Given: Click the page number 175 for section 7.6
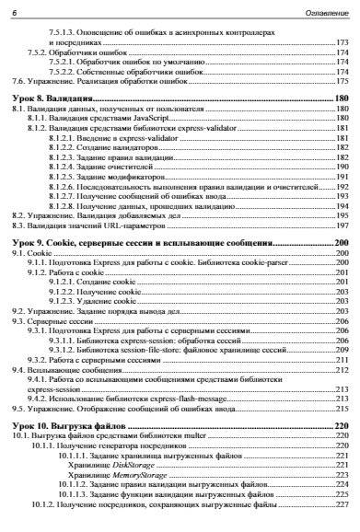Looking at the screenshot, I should coord(342,80).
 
